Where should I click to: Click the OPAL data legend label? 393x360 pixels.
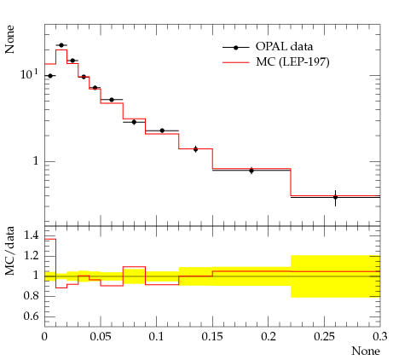point(284,47)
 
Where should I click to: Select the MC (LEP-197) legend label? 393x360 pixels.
point(292,61)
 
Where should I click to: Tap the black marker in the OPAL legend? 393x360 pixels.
point(235,48)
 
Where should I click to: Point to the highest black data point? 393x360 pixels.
point(61,45)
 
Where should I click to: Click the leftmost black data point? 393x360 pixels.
point(50,76)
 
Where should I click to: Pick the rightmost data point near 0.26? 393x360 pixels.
point(335,197)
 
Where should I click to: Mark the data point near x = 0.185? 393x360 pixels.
point(251,171)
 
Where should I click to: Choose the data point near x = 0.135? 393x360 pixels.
point(195,149)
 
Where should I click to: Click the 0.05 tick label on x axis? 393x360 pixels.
point(101,336)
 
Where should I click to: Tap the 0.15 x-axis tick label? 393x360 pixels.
point(212,336)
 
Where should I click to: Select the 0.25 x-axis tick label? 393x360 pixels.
point(324,336)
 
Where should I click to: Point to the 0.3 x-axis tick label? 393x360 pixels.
point(380,336)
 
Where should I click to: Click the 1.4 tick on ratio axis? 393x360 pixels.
point(31,235)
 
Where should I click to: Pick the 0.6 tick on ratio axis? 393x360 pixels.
point(31,316)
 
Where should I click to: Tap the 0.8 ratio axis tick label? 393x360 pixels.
point(31,295)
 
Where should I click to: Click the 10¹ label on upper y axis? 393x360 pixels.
point(29,74)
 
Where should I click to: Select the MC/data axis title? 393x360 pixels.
point(9,251)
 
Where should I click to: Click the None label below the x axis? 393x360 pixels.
point(366,351)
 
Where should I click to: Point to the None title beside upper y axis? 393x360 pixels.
point(9,39)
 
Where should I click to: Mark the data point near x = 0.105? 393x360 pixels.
point(162,131)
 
